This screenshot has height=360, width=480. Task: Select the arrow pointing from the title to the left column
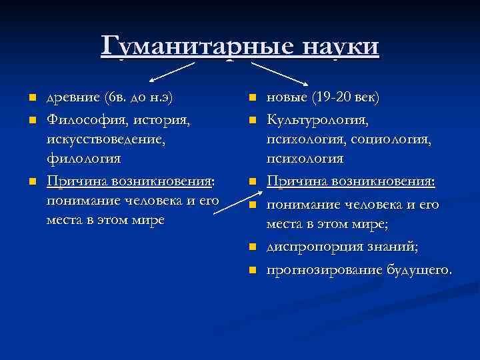coord(167,70)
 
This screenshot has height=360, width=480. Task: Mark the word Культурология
coord(317,120)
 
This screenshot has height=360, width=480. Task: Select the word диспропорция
coord(307,248)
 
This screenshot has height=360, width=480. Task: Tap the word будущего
coord(417,269)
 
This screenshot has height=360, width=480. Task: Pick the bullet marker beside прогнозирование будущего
coord(253,270)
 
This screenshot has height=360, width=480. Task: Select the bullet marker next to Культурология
coord(253,121)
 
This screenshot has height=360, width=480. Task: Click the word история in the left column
coord(160,120)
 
